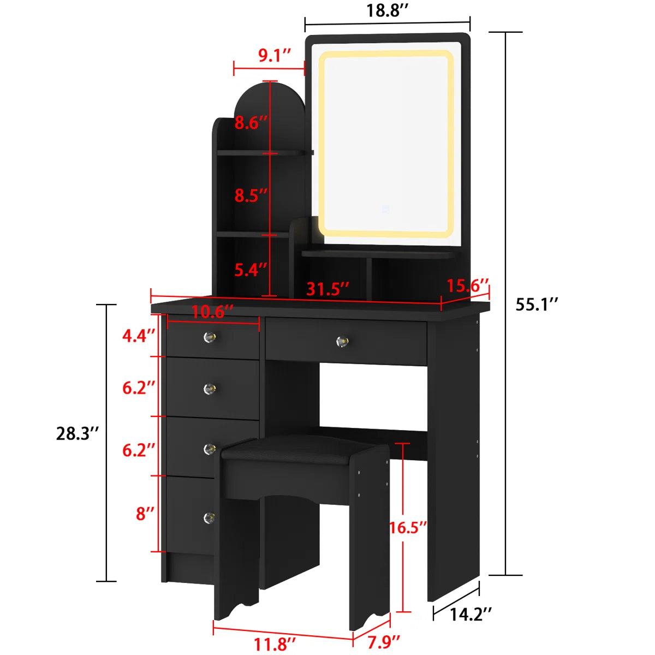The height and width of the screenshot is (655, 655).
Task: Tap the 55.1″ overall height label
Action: (537, 304)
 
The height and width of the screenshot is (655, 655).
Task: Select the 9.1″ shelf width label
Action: (275, 55)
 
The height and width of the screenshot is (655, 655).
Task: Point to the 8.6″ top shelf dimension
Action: (251, 123)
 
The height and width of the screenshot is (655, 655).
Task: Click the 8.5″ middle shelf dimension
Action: (251, 195)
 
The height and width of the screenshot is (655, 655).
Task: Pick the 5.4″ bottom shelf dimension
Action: (251, 269)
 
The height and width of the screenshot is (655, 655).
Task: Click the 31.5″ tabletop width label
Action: (327, 289)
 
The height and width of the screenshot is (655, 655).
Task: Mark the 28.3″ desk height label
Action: (78, 433)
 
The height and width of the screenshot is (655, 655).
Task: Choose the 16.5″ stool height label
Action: (408, 527)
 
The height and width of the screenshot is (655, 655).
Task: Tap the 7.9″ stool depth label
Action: (384, 642)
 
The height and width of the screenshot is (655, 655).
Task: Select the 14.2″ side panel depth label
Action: (471, 615)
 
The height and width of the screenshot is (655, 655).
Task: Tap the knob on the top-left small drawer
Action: (210, 338)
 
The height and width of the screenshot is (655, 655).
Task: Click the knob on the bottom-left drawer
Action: (209, 517)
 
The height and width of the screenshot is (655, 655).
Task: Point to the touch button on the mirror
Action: (386, 208)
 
